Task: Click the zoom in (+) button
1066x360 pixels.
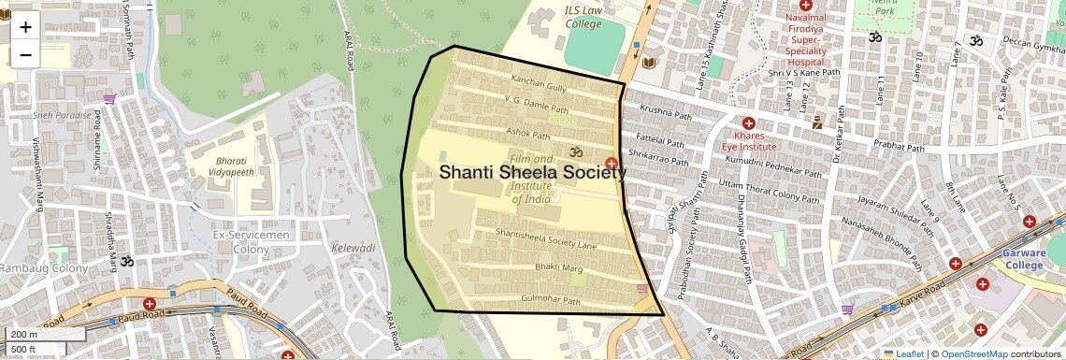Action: coord(25,27)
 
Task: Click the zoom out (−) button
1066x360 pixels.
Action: coord(25,54)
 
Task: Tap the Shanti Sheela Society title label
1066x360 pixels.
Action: coord(532,172)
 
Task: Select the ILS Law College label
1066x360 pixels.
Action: coord(584,17)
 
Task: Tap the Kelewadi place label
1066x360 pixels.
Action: coord(353,249)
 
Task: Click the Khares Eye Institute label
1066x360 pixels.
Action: coord(748,141)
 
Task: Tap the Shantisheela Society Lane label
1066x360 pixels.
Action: coord(546,238)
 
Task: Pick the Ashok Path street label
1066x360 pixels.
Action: coord(527,136)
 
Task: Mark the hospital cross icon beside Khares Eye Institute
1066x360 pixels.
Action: coord(748,123)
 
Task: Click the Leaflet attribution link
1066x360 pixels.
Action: coord(902,353)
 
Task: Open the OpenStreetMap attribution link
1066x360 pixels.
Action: coord(973,353)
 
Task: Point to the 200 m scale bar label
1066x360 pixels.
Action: coord(24,335)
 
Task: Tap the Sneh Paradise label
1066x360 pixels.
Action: coord(64,115)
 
